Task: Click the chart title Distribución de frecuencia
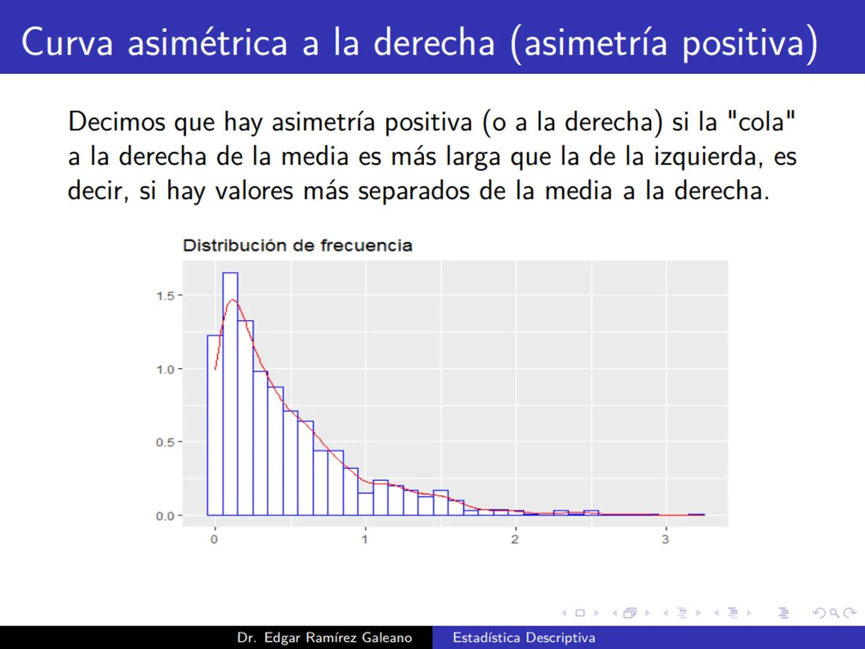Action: pos(297,245)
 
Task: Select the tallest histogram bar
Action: pos(230,394)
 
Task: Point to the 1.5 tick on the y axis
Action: pos(165,296)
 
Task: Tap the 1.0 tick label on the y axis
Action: pos(165,370)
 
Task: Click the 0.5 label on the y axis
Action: pos(165,442)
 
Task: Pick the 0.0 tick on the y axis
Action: pos(165,516)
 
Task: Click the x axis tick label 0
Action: pos(214,539)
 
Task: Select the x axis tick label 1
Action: pos(365,539)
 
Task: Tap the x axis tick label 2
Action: pos(515,539)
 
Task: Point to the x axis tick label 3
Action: pos(665,539)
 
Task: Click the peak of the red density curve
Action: pos(232,300)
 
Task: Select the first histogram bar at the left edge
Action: pos(215,425)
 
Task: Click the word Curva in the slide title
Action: pos(67,42)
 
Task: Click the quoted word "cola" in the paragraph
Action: pos(760,122)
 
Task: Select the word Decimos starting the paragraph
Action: pos(117,122)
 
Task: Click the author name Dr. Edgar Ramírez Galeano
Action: pos(324,638)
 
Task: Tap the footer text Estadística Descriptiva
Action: pos(524,638)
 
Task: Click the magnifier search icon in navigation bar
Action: pos(834,613)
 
